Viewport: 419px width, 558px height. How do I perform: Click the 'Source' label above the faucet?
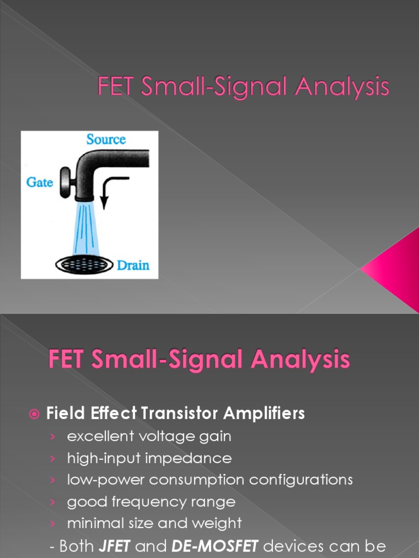pyautogui.click(x=106, y=139)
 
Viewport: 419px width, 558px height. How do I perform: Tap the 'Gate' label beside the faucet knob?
pyautogui.click(x=39, y=182)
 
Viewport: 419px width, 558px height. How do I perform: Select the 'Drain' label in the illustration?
pyautogui.click(x=133, y=266)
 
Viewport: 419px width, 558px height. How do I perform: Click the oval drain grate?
pyautogui.click(x=85, y=265)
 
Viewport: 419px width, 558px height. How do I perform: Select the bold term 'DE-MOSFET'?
pyautogui.click(x=207, y=546)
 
